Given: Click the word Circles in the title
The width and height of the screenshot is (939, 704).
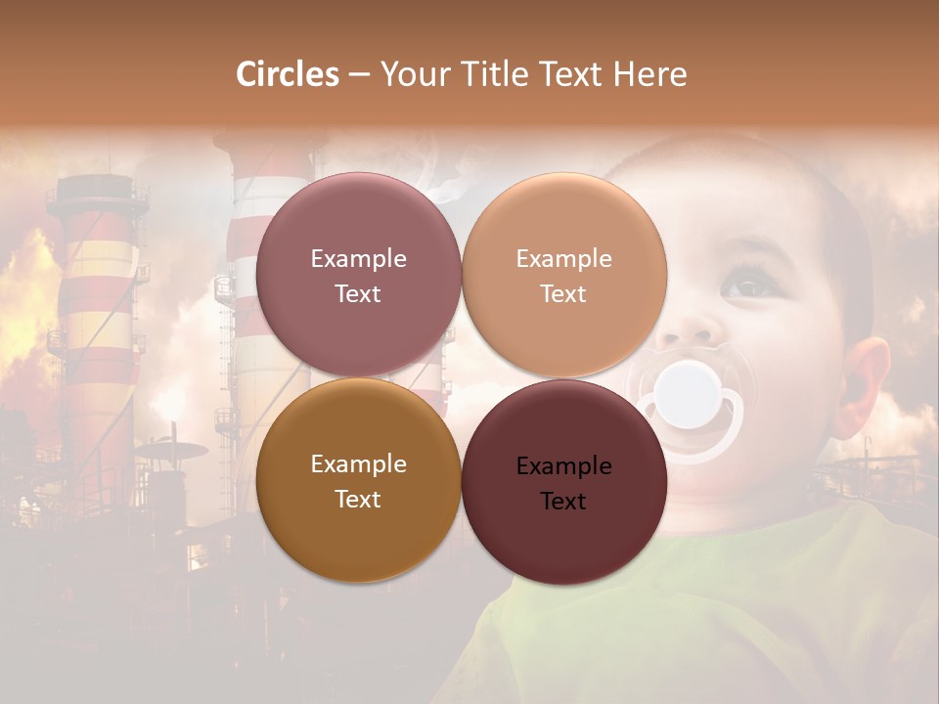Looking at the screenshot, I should [x=288, y=74].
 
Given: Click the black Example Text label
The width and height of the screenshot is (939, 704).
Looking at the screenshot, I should [x=563, y=483].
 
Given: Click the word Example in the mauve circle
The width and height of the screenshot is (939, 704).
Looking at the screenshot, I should [x=358, y=259].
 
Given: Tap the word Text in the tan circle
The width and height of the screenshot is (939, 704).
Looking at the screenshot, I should [x=563, y=294].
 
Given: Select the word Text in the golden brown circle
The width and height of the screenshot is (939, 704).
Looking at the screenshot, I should [x=358, y=500].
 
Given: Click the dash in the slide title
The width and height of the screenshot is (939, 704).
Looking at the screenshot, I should [x=359, y=75].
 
